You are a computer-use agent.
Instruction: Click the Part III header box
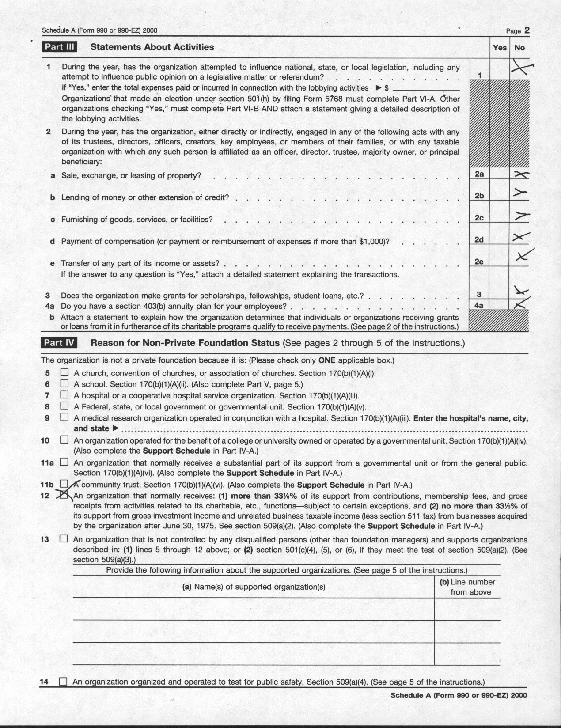(x=59, y=47)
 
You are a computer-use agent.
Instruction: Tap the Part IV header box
(x=59, y=343)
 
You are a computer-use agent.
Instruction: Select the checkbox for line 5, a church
(x=64, y=372)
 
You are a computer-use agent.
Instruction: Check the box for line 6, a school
(x=64, y=383)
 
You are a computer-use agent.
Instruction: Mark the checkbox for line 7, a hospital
(x=64, y=394)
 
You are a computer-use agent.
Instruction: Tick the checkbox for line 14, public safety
(x=63, y=682)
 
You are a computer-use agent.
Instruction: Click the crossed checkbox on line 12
(x=65, y=495)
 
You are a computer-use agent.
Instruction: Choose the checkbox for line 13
(x=64, y=539)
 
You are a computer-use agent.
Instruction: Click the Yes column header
(x=500, y=47)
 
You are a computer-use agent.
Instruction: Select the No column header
(x=519, y=47)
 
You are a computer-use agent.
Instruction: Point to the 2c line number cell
(x=479, y=218)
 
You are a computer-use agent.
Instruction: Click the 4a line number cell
(x=479, y=305)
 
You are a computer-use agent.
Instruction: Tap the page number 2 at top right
(x=527, y=30)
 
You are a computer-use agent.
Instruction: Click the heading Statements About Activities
(x=152, y=47)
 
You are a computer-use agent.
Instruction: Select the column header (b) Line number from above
(x=468, y=587)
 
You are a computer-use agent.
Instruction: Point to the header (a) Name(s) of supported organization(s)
(x=254, y=587)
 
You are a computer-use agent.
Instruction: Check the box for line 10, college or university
(x=64, y=440)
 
